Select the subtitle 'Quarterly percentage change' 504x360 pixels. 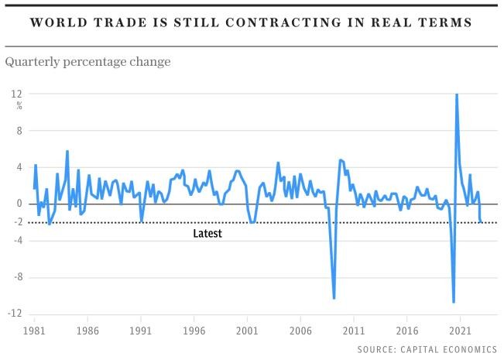87,61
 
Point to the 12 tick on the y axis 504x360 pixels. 15,94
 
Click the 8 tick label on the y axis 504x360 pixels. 19,131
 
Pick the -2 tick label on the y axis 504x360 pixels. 15,223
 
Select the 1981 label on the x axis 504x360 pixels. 35,328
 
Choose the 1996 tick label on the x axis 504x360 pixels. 194,328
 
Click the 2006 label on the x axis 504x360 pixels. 300,328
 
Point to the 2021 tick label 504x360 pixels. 460,328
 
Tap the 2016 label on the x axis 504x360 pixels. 406,328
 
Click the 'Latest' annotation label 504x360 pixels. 207,233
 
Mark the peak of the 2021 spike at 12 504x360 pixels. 457,94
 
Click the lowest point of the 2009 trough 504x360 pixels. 334,298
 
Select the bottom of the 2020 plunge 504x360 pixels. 454,302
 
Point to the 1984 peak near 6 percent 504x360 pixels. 67,152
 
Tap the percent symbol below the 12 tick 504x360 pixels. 19,105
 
